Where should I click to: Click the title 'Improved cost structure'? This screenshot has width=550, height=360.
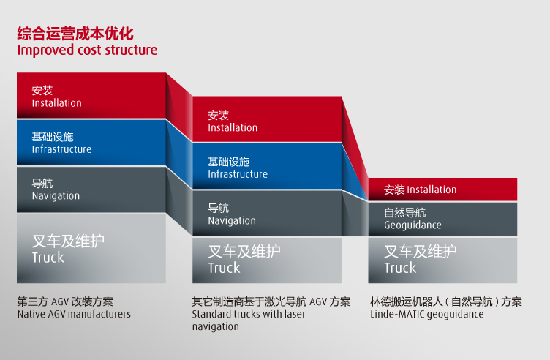pos(87,50)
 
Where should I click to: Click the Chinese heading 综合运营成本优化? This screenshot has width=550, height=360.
pos(75,34)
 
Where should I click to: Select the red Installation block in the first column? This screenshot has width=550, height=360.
pos(91,96)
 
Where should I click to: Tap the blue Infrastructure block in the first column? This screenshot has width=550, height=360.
pos(91,143)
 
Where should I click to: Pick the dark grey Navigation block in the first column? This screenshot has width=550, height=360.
pos(91,189)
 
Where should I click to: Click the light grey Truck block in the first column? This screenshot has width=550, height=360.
pos(91,248)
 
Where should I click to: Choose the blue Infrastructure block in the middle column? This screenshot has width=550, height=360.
pos(267,167)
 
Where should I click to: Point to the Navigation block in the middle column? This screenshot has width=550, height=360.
pos(267,214)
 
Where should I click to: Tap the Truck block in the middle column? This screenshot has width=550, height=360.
pos(267,260)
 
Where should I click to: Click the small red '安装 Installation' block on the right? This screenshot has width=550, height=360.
pos(442,190)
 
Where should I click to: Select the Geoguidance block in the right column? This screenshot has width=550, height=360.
pos(442,219)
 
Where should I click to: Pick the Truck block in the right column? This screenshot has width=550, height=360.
pos(442,260)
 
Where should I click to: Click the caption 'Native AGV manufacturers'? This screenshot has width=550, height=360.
pos(74,314)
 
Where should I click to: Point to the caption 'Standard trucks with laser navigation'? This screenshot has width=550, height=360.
pos(249,320)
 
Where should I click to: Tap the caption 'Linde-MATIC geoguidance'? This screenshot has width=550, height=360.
pos(427,314)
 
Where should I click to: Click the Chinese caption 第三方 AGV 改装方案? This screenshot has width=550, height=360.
pos(65,301)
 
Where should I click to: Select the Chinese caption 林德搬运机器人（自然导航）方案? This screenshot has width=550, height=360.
pos(446,301)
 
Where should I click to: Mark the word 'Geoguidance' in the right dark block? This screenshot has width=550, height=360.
pos(412,225)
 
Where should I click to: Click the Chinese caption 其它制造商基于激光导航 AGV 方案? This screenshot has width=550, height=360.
pos(271,301)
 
